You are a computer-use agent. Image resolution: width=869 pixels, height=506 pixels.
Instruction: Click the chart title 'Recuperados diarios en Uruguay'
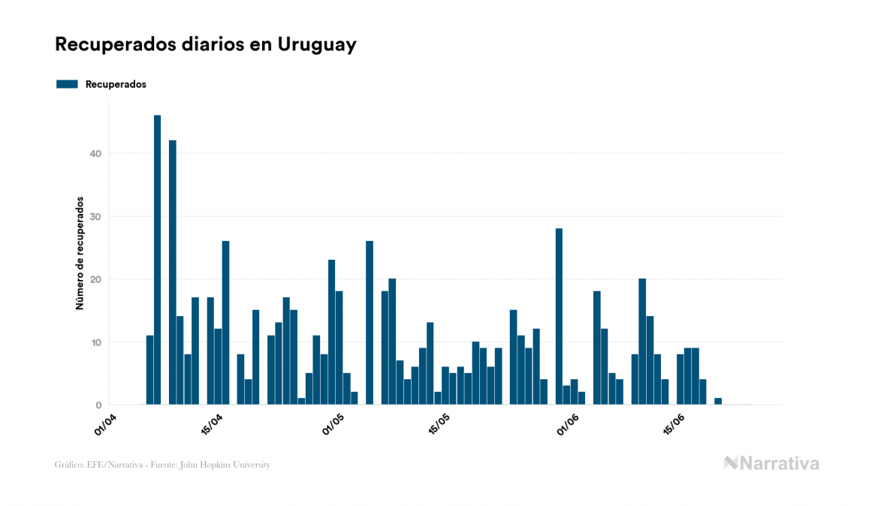[x=205, y=45]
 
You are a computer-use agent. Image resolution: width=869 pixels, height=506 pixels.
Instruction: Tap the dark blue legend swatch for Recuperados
[x=67, y=84]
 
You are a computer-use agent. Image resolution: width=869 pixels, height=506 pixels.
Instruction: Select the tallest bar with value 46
[x=157, y=260]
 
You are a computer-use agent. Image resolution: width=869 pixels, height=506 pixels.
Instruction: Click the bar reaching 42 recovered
[x=173, y=272]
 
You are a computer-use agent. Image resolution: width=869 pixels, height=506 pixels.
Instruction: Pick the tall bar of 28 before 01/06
[x=559, y=316]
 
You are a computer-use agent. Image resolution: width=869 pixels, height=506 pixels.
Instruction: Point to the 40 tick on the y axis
[x=95, y=154]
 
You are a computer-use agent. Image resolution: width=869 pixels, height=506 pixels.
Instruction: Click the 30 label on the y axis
[x=95, y=217]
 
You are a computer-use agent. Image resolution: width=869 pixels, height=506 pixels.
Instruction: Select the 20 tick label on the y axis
[x=95, y=280]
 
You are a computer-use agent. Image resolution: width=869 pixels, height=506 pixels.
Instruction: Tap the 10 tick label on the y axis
[x=95, y=342]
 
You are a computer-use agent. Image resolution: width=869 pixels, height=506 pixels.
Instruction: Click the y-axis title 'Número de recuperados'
[x=79, y=254]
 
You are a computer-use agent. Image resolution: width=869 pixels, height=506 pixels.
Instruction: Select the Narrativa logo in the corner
[x=771, y=463]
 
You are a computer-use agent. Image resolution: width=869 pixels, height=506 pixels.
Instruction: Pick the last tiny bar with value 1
[x=718, y=402]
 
